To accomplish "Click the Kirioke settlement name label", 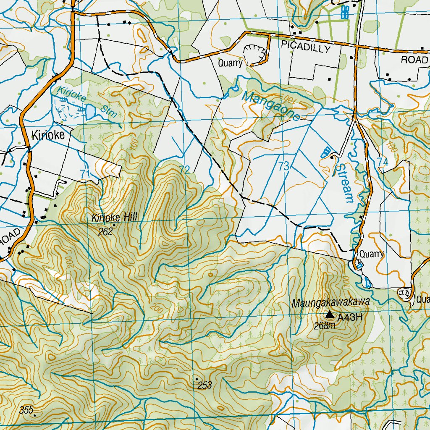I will (x=47, y=135).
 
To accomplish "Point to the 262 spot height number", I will (x=105, y=231).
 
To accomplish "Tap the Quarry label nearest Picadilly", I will (x=230, y=63).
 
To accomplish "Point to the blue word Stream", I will (x=344, y=183).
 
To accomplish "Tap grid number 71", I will (x=85, y=173).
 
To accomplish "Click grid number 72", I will (x=185, y=170).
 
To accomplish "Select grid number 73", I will (x=284, y=166).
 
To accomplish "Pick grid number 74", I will (x=382, y=162).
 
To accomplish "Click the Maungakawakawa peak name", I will (x=331, y=302).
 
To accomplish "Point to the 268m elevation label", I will (x=325, y=325).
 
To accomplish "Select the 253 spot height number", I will (x=205, y=385).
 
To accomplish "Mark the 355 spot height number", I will (x=26, y=410).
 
